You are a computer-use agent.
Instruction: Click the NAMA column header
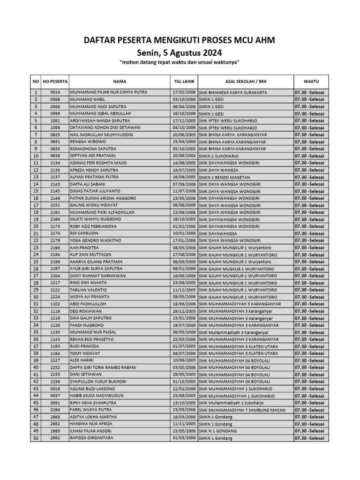(120, 81)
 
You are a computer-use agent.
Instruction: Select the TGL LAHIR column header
(184, 81)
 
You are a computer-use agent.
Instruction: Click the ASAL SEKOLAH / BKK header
(246, 81)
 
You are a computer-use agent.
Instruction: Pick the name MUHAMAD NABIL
(88, 99)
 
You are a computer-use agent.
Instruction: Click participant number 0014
(55, 92)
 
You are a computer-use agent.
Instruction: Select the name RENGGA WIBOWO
(88, 142)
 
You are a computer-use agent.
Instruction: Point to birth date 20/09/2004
(184, 156)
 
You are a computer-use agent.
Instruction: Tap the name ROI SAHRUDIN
(85, 233)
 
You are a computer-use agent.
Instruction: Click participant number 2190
(55, 247)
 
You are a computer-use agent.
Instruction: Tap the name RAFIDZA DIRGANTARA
(91, 438)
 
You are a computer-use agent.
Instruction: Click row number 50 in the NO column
(35, 438)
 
